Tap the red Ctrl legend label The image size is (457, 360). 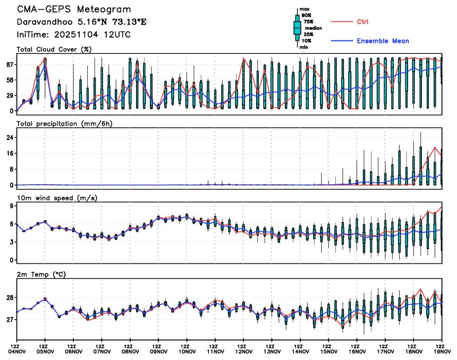361,21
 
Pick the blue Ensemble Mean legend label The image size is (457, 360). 383,41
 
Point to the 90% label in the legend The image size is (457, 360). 307,15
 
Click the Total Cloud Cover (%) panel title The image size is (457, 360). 54,49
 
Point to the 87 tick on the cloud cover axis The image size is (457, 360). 10,65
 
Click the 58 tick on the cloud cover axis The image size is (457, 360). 10,80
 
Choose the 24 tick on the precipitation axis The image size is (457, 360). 10,138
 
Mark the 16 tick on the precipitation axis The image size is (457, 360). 10,153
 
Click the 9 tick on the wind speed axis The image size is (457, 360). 11,205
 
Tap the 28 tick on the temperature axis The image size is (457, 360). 10,297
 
